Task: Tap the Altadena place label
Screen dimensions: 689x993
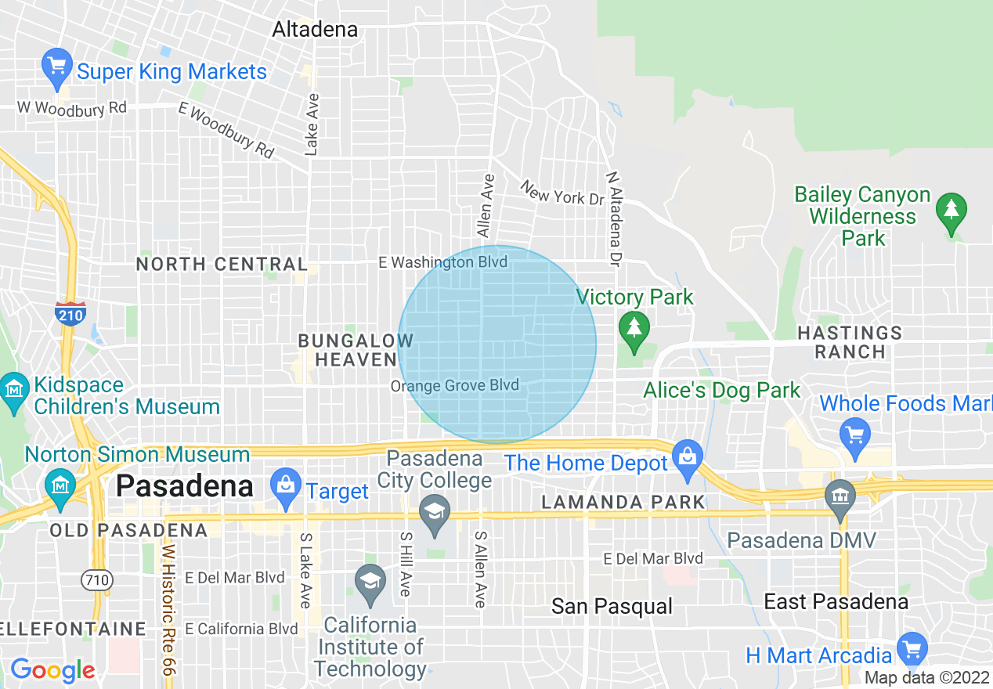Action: point(315,30)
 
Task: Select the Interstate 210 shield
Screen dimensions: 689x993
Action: point(70,312)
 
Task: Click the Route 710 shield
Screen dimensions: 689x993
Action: point(97,580)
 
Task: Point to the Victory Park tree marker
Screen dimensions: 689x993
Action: point(634,331)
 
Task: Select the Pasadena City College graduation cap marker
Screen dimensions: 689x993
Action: point(433,512)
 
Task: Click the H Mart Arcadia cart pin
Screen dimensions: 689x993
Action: point(912,649)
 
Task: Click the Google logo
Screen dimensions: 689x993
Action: point(52,670)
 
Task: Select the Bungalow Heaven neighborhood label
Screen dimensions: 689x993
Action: point(356,350)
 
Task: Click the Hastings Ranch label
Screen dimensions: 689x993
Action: point(850,342)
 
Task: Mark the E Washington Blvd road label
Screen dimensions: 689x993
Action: point(442,262)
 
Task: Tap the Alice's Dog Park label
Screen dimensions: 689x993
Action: point(722,390)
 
